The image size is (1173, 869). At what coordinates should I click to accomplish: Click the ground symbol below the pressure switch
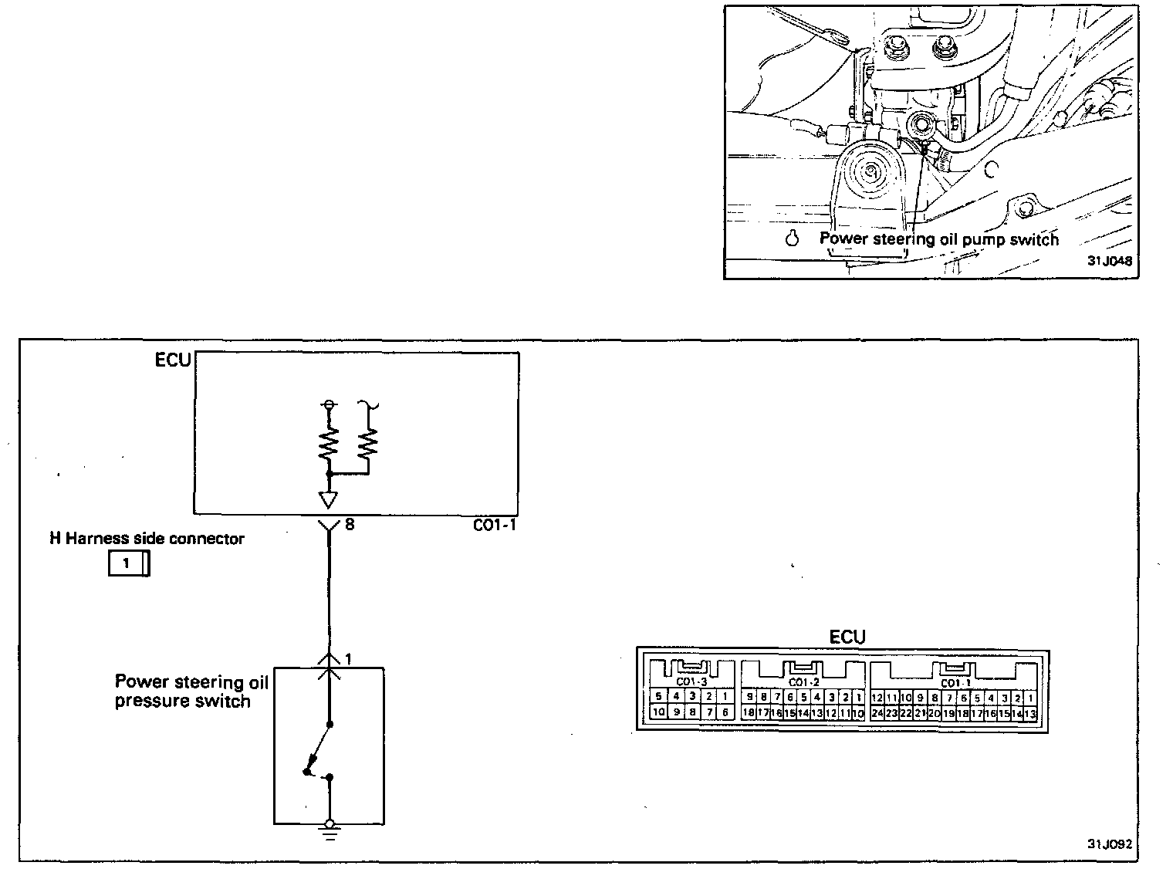(x=330, y=830)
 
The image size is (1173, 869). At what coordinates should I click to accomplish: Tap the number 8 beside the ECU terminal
(x=350, y=525)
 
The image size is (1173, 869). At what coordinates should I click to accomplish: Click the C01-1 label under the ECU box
(x=495, y=526)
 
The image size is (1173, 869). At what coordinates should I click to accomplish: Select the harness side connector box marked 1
(x=128, y=564)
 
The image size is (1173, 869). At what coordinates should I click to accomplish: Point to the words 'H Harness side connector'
(x=147, y=539)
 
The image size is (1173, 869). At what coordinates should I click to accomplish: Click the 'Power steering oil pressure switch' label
(x=191, y=691)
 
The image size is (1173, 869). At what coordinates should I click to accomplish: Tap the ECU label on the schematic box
(x=173, y=361)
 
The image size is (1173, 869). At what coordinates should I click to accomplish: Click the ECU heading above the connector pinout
(x=847, y=637)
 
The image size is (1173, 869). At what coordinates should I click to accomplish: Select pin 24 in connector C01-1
(x=877, y=713)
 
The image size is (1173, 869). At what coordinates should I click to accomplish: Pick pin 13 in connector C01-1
(x=1029, y=713)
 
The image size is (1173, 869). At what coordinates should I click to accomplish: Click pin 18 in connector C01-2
(x=748, y=713)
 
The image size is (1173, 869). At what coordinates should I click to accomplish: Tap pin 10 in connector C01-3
(x=658, y=712)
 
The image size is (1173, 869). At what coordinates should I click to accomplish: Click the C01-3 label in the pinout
(x=691, y=682)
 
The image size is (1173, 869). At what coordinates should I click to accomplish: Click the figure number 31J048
(x=1109, y=261)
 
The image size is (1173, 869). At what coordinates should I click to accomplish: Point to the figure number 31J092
(x=1109, y=844)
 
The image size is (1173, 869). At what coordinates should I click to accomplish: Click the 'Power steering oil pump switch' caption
(x=938, y=239)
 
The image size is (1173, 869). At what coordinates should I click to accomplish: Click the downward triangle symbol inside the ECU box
(x=329, y=499)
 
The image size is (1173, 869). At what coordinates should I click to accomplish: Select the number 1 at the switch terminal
(x=349, y=660)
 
